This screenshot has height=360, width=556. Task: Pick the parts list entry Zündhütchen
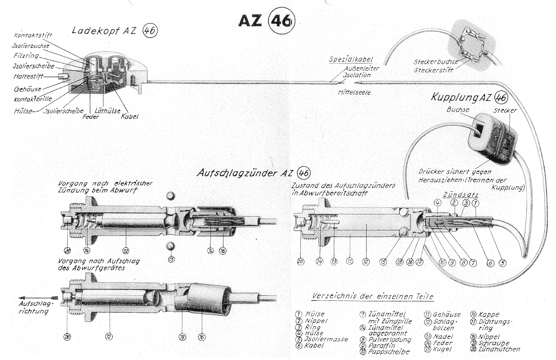coord(503,349)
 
